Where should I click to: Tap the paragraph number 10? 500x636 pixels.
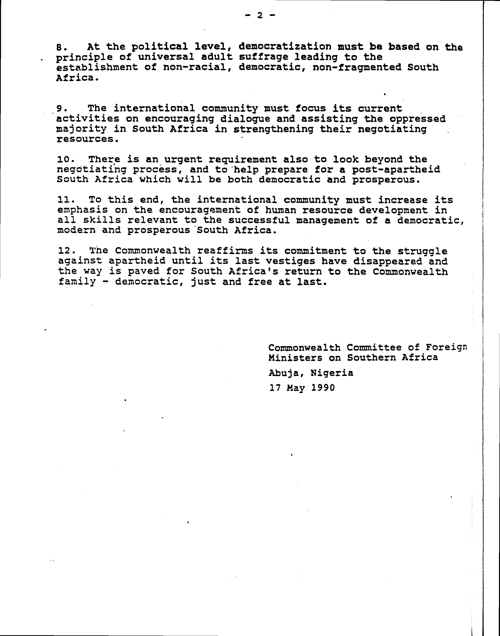click(x=64, y=160)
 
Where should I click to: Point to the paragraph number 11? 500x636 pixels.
click(x=64, y=200)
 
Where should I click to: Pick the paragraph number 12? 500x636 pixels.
click(x=64, y=251)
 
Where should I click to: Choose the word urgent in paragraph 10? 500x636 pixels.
click(x=183, y=160)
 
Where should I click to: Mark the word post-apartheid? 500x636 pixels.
click(x=396, y=170)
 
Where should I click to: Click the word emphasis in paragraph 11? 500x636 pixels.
click(x=82, y=210)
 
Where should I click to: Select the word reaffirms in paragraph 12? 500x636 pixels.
click(x=225, y=251)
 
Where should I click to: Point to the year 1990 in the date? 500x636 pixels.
click(x=323, y=388)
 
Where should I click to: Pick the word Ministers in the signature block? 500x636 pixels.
click(x=295, y=358)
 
